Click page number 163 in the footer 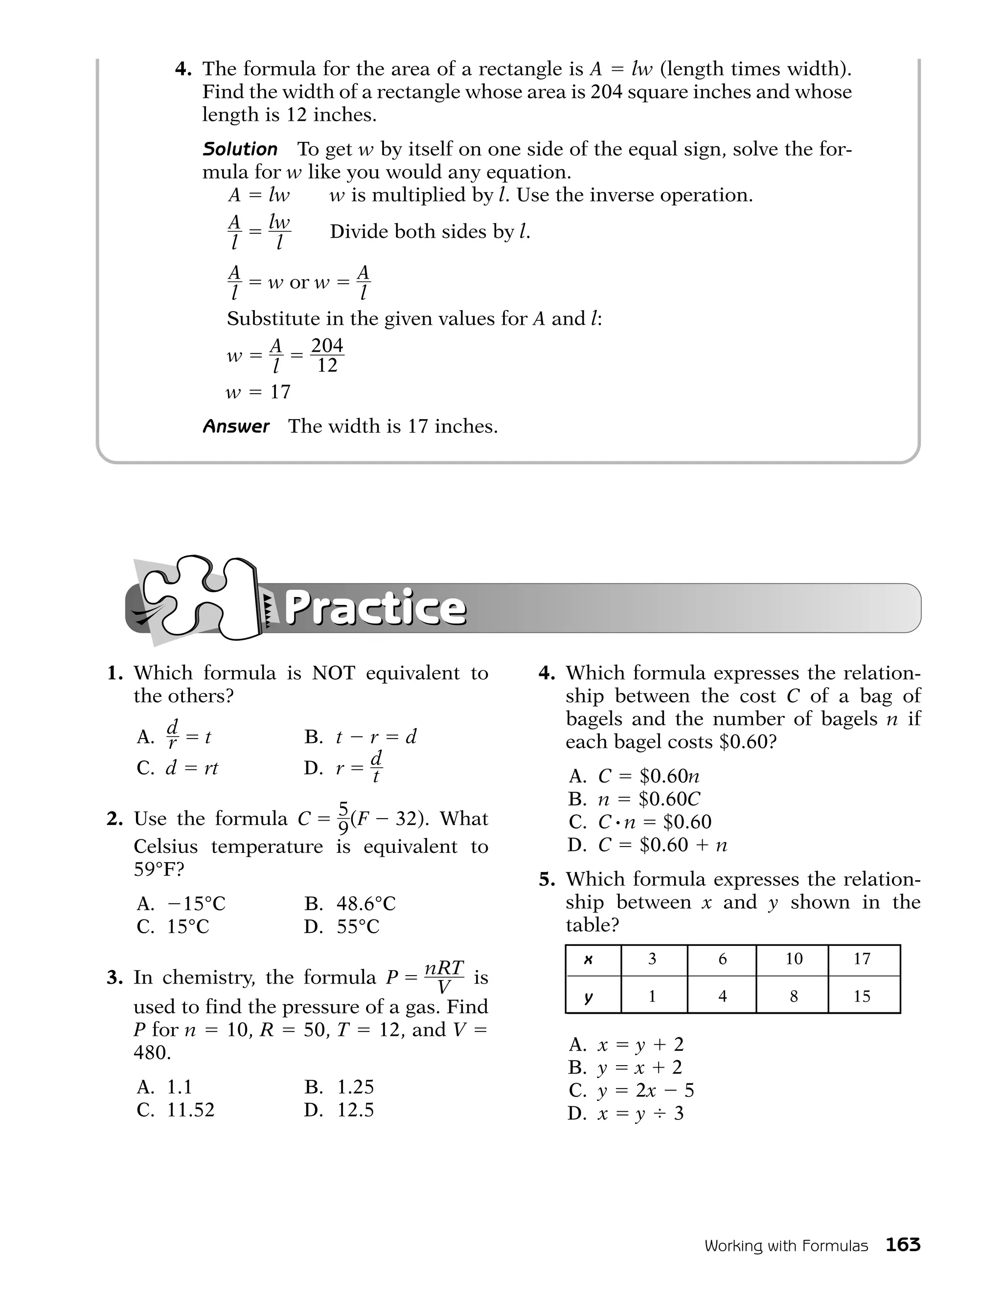pos(902,1244)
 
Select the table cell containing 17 pos(862,959)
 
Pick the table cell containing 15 pos(862,996)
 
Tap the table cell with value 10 pos(794,959)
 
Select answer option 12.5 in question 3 pos(355,1110)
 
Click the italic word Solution pos(240,149)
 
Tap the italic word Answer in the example pos(236,426)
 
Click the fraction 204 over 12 pos(327,356)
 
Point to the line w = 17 pos(258,392)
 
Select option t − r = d pos(376,737)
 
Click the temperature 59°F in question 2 pos(159,870)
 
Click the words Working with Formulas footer pos(786,1246)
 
